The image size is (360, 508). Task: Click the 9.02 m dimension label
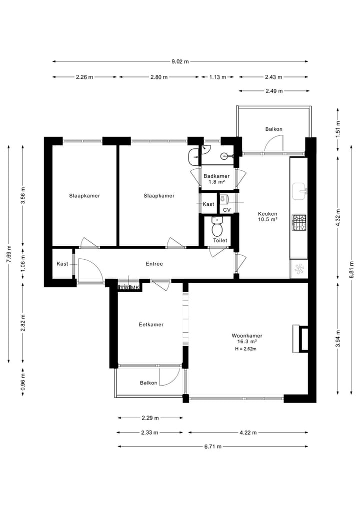(180, 61)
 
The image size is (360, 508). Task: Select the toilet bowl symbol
(217, 229)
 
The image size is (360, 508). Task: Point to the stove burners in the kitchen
(299, 222)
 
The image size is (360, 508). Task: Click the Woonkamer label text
(247, 336)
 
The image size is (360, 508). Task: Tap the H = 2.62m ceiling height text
(245, 349)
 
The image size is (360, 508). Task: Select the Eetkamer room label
(151, 325)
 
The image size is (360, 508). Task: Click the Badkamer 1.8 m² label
(216, 179)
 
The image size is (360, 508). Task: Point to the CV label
(226, 210)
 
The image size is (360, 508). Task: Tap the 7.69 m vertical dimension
(8, 253)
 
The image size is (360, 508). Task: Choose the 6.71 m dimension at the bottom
(212, 447)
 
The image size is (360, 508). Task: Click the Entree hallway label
(154, 264)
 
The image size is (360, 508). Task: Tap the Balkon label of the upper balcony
(273, 129)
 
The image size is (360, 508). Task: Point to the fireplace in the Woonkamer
(301, 339)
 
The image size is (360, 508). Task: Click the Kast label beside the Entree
(62, 264)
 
